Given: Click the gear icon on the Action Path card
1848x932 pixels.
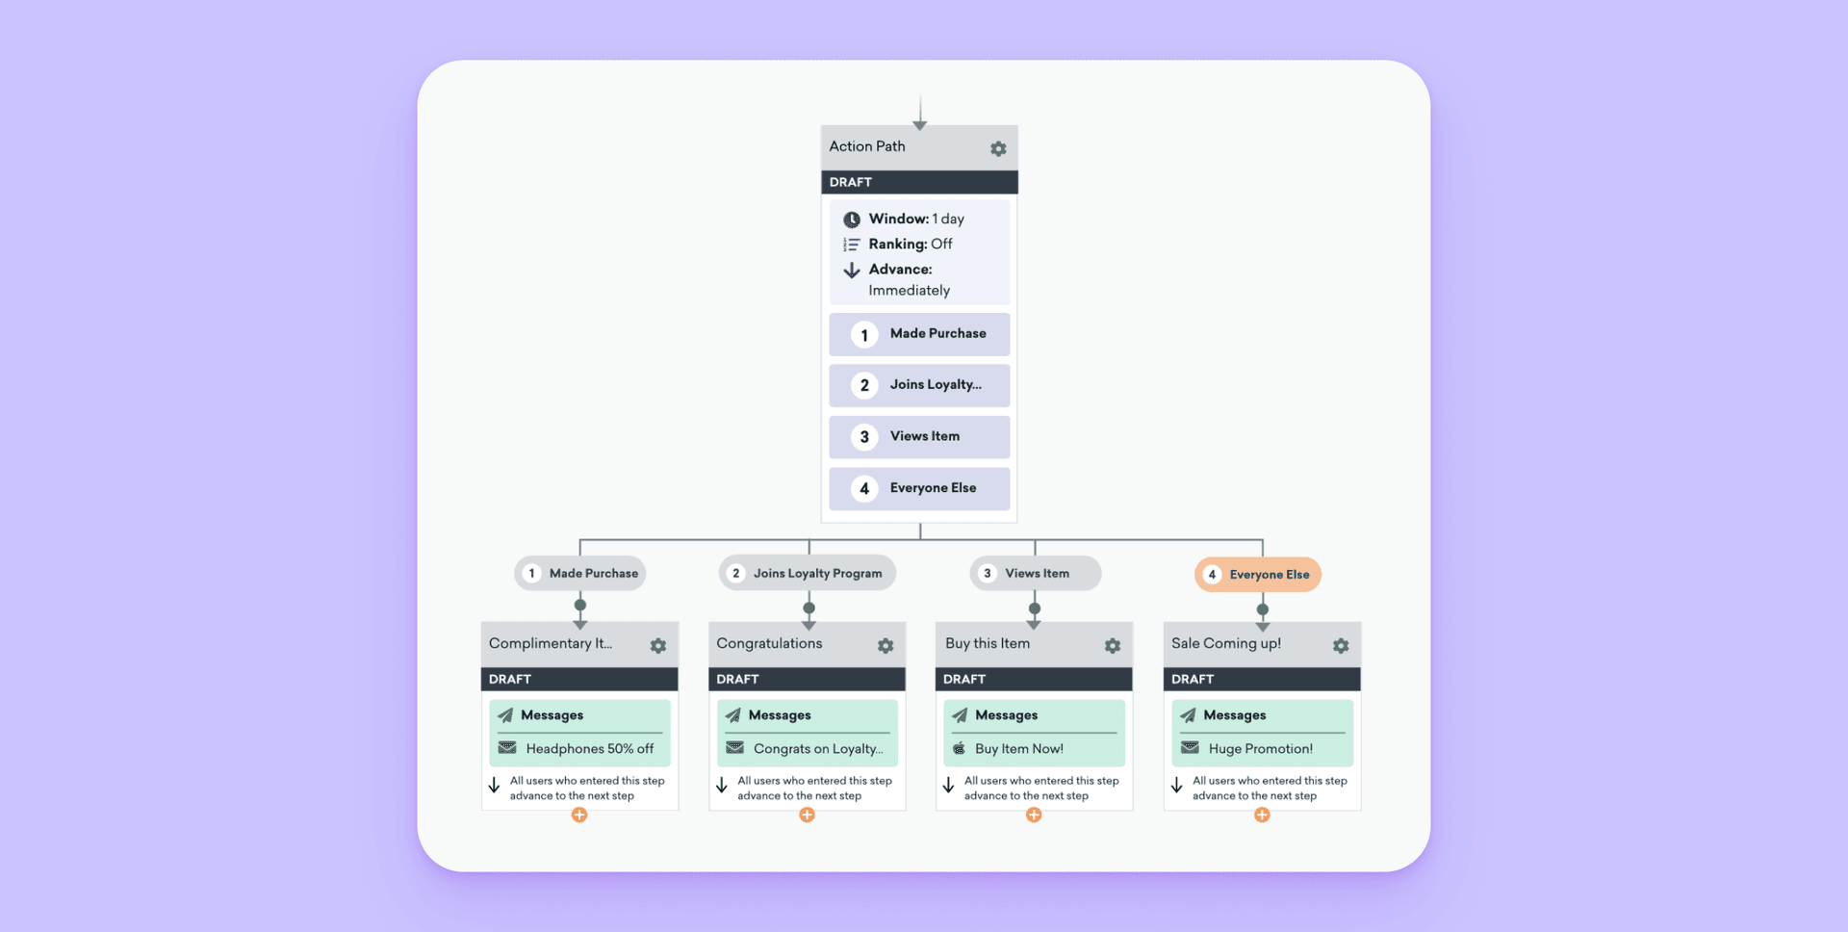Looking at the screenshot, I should (998, 149).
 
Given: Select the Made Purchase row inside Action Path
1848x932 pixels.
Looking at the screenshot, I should (919, 334).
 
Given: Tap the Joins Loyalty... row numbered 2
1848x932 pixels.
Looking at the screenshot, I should (919, 385).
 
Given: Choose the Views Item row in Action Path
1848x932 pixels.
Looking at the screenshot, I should (919, 437).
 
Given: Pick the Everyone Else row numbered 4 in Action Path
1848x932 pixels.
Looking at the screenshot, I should (919, 488).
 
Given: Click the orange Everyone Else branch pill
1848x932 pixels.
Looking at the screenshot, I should (1258, 575).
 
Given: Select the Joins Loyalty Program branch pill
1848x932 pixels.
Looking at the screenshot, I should (807, 574).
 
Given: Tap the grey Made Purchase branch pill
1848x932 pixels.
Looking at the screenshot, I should (580, 574).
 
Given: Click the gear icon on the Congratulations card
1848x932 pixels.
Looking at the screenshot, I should (885, 646).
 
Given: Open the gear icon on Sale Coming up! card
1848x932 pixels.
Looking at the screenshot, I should (1341, 646).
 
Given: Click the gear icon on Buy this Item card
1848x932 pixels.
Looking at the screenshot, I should (1113, 646).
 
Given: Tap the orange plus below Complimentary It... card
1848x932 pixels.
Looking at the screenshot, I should (579, 815).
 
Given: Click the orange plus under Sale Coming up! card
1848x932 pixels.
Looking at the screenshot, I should (1262, 815).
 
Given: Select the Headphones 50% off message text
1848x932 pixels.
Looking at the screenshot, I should (589, 749).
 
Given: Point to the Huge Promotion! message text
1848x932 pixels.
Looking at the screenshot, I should (1260, 749).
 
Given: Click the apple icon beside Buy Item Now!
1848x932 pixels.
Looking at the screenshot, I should (959, 748).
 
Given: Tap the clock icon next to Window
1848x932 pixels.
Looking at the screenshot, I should (852, 220).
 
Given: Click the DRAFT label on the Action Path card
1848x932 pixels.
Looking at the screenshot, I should (851, 182).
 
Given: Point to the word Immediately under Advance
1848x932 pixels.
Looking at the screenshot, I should (909, 291).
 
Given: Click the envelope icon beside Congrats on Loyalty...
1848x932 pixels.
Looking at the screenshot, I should (735, 748).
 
